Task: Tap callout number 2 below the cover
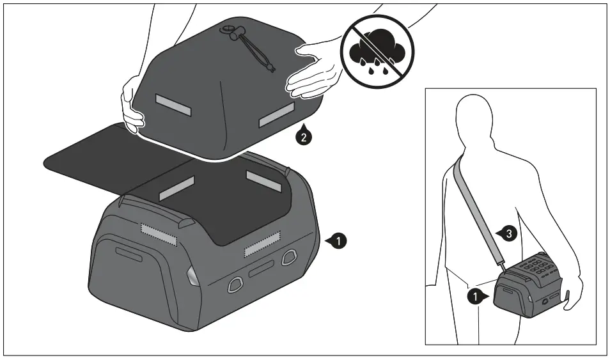(304, 136)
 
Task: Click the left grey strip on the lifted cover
(174, 105)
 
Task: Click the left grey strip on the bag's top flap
(176, 188)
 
